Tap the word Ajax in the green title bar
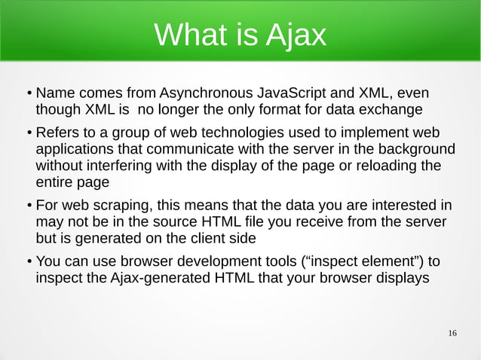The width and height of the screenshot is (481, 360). pos(296,34)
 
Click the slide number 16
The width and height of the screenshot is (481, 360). pos(452,334)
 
